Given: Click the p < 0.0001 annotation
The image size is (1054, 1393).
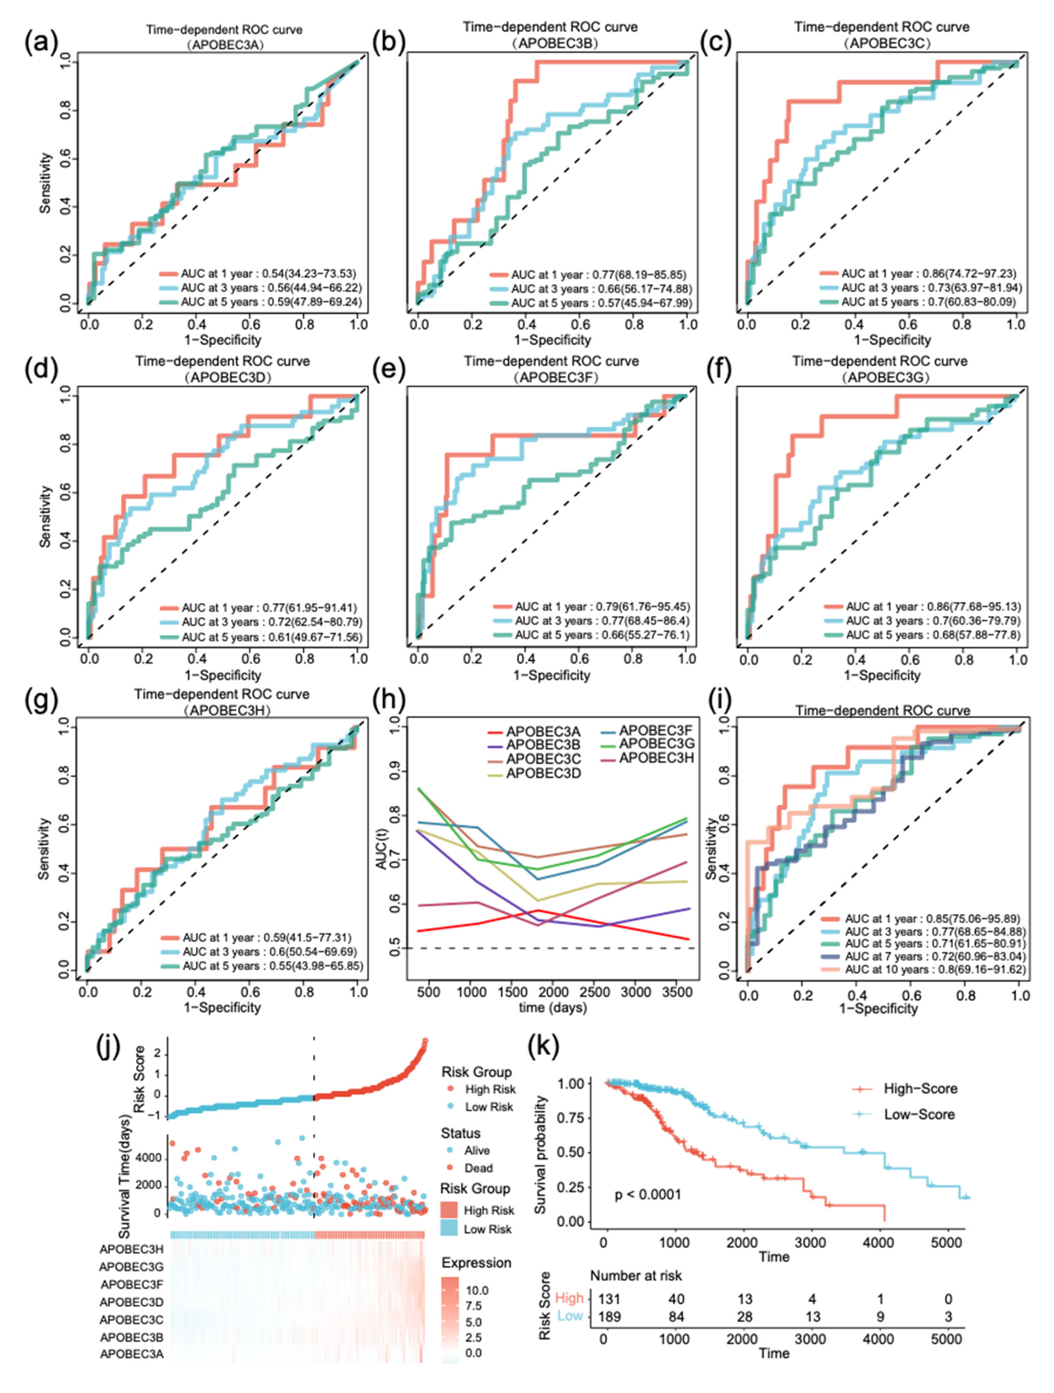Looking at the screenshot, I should tap(648, 1194).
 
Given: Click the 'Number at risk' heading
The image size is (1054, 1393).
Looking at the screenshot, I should tap(636, 1275).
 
